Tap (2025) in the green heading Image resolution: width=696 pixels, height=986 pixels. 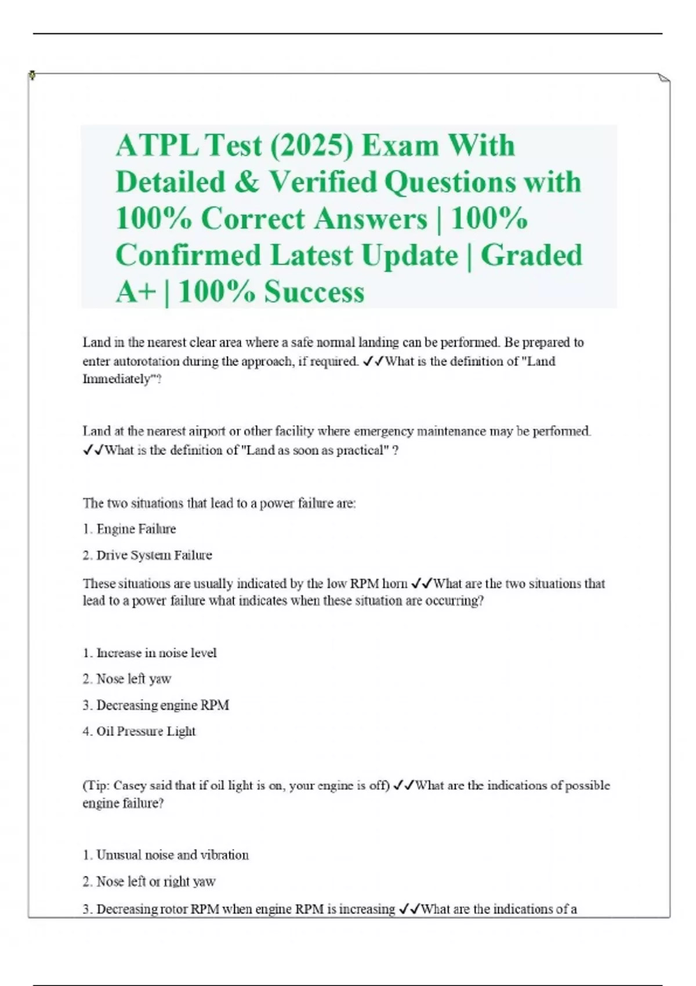pyautogui.click(x=311, y=145)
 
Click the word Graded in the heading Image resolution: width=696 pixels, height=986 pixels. pyautogui.click(x=531, y=255)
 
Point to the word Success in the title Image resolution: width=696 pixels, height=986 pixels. pyautogui.click(x=314, y=292)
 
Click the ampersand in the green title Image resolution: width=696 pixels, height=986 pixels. pyautogui.click(x=246, y=182)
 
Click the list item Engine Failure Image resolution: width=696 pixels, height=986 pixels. pyautogui.click(x=136, y=529)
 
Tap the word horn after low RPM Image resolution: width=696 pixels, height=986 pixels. pyautogui.click(x=394, y=583)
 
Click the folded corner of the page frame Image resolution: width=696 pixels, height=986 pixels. pyautogui.click(x=664, y=78)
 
